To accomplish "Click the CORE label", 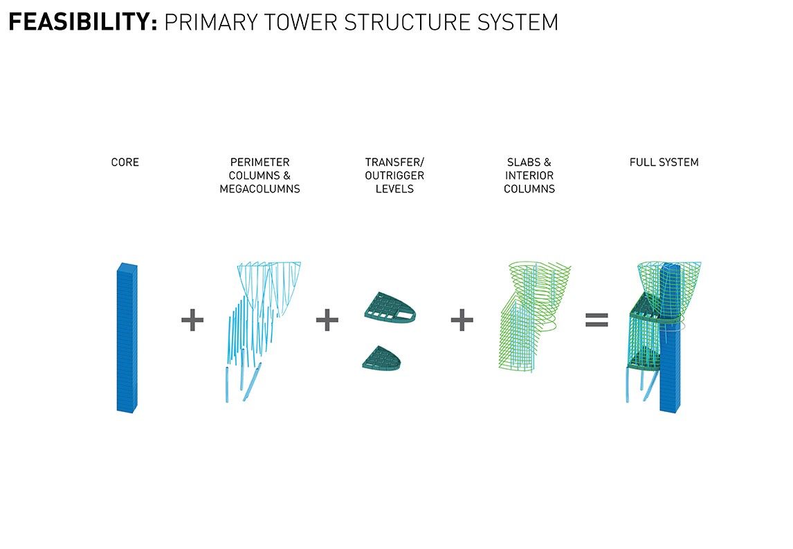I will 125,162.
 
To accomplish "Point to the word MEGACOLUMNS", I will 259,188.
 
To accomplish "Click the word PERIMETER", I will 259,162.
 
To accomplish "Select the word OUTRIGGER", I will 394,175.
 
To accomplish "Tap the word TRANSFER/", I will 394,162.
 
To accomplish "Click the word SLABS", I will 521,162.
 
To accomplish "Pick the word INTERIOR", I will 529,175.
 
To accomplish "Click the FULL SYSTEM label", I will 664,162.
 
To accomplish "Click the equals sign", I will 596,320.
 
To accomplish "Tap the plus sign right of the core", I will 192,320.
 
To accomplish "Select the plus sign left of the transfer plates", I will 327,320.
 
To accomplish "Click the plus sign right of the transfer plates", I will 462,320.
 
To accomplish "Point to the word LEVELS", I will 394,188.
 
